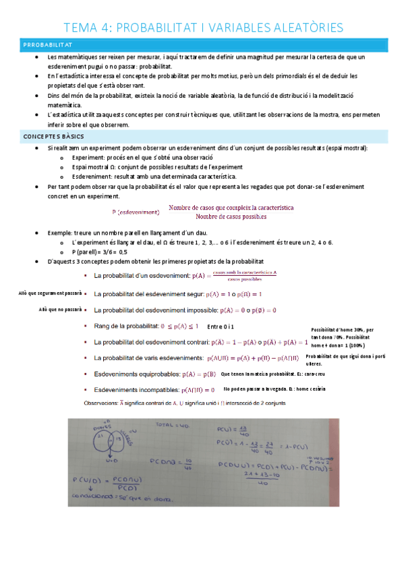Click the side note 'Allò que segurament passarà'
pos(50,293)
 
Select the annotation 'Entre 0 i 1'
pos(221,326)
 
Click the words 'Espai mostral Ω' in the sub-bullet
pos(94,166)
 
